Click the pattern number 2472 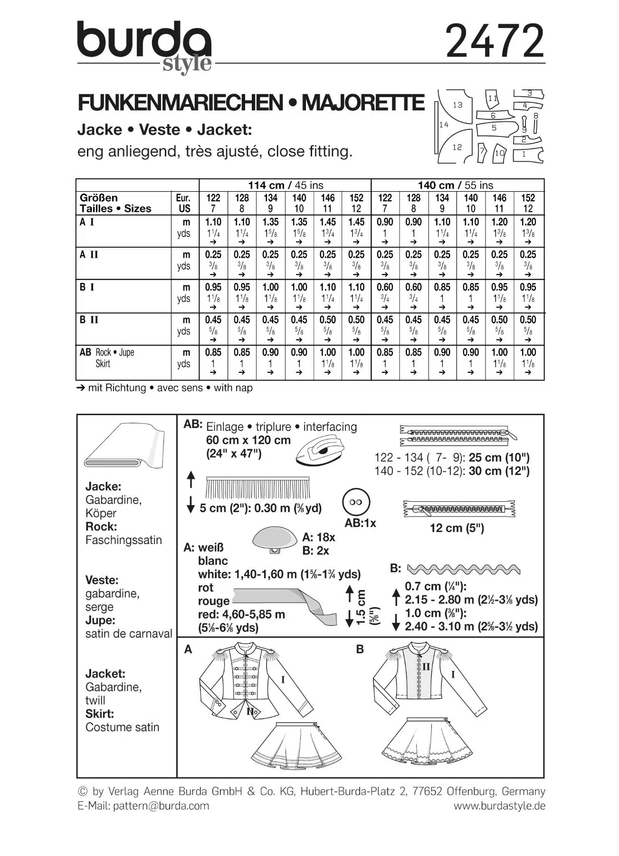click(495, 41)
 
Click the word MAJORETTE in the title click(363, 103)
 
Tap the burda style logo click(144, 45)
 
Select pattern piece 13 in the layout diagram click(457, 105)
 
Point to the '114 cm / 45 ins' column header click(285, 185)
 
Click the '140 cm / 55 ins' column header click(457, 185)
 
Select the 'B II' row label click(89, 320)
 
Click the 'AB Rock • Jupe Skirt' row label click(107, 358)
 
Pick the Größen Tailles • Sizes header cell click(115, 203)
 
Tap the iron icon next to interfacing click(321, 450)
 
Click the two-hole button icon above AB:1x click(356, 502)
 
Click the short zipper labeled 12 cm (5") click(459, 509)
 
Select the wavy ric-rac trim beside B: click(463, 569)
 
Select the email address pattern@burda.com click(161, 806)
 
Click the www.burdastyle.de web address click(499, 806)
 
